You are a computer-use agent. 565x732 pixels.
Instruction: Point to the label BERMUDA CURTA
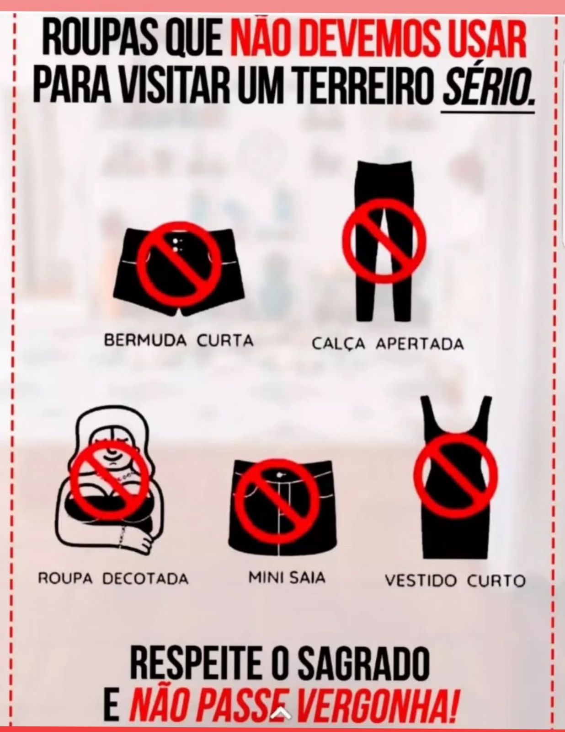point(179,341)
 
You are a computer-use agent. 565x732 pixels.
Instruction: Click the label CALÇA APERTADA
point(388,344)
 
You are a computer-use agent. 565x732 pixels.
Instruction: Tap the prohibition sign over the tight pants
point(384,241)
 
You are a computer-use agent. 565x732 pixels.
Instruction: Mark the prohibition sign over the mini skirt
point(277,501)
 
